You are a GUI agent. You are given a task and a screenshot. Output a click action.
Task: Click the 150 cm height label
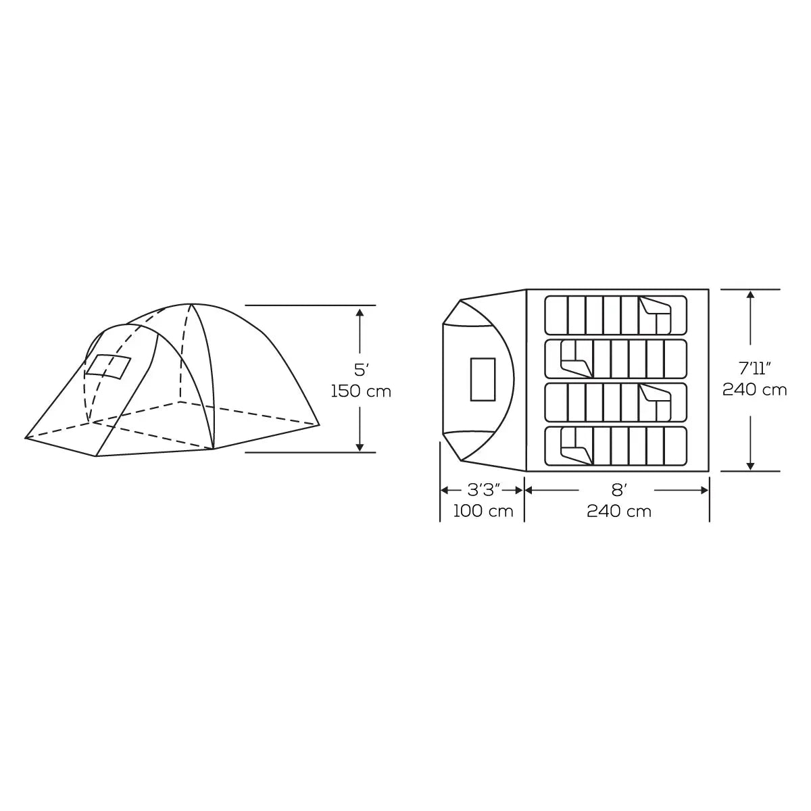click(x=361, y=391)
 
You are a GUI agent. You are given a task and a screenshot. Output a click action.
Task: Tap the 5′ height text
click(x=360, y=370)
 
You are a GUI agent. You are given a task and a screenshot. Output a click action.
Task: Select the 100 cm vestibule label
click(x=483, y=511)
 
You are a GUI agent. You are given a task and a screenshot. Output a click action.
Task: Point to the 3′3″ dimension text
click(x=483, y=489)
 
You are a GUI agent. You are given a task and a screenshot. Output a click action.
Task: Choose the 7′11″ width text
click(x=754, y=368)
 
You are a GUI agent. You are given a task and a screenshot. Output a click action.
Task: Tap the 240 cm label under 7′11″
click(x=754, y=390)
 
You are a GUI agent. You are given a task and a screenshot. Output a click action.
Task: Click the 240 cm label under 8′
click(x=618, y=511)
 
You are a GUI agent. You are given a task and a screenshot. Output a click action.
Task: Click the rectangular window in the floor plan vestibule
click(x=483, y=380)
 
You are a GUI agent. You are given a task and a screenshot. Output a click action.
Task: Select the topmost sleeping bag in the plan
click(x=616, y=315)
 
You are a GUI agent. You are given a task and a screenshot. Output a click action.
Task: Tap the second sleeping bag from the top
click(x=616, y=358)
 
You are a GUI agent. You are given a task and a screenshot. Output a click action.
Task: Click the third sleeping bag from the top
click(x=616, y=403)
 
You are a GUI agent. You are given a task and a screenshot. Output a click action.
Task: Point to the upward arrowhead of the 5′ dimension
click(x=360, y=312)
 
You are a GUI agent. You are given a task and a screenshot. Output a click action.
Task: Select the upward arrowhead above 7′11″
click(x=750, y=295)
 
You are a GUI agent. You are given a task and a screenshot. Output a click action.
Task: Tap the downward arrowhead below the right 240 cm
click(x=750, y=466)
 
